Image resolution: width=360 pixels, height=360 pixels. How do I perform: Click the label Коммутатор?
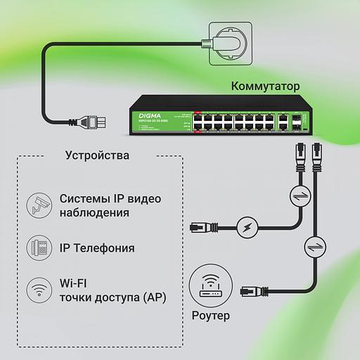tap(265, 86)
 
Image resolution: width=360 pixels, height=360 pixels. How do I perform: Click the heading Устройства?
tap(97, 155)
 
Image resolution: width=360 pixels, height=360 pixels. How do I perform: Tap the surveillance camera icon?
tap(39, 205)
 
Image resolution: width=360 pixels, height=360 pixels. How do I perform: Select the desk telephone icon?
tap(39, 247)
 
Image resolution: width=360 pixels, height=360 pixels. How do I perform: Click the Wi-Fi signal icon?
tap(39, 289)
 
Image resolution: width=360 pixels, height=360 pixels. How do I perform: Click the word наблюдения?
tap(94, 213)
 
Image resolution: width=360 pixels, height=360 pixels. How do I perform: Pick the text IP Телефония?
tap(97, 248)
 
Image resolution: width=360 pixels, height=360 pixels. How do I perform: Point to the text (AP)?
tap(155, 297)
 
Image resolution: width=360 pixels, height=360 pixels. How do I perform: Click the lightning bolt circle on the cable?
tap(246, 227)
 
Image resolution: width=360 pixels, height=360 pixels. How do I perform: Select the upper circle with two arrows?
tap(298, 195)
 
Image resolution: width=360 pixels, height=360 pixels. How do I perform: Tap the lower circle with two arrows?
tap(314, 247)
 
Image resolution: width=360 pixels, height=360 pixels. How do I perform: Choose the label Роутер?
tap(210, 316)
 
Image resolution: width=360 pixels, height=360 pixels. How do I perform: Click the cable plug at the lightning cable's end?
tap(200, 227)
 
